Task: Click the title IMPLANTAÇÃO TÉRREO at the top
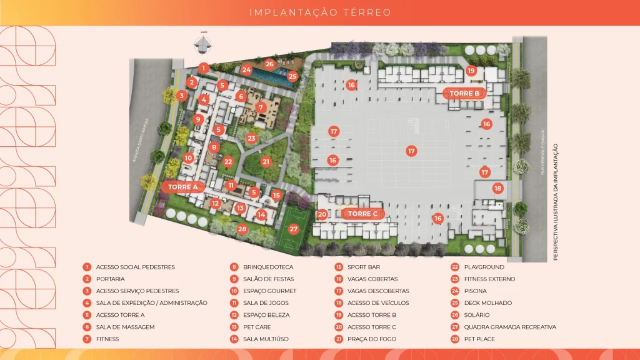[320, 12]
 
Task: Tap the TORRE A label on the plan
[183, 186]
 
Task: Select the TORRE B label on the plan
[464, 94]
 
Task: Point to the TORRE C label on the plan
[363, 214]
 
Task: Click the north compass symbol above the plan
[203, 44]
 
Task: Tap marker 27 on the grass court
[294, 229]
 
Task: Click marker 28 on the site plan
[242, 229]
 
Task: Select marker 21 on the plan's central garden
[266, 161]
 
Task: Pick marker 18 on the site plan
[497, 188]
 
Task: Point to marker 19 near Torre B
[471, 71]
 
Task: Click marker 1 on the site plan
[203, 67]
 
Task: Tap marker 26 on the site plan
[269, 64]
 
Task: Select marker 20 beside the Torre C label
[322, 214]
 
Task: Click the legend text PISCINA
[475, 291]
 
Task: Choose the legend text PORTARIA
[111, 279]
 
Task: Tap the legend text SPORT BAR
[364, 267]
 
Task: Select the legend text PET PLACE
[479, 339]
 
